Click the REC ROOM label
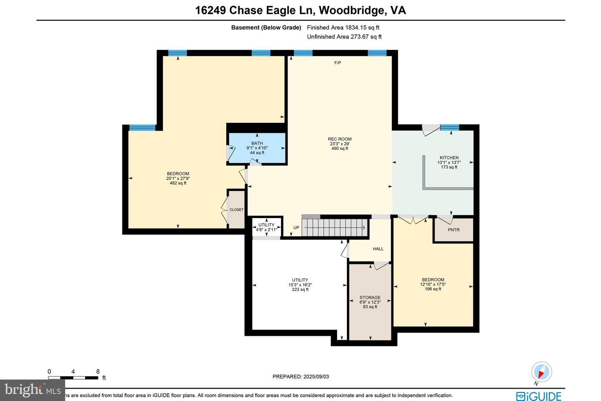pos(339,139)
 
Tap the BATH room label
pos(257,143)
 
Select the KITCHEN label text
pos(449,158)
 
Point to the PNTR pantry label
pos(454,230)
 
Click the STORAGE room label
pos(370,298)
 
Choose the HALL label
pos(378,249)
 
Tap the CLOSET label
pos(237,210)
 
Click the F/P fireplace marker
pos(338,63)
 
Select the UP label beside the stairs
pos(296,228)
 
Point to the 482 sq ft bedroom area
pos(178,183)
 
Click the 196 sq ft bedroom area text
pos(433,289)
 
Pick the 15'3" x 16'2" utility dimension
pos(300,285)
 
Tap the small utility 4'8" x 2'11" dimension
pos(266,230)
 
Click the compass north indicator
pos(541,372)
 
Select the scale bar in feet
pos(73,378)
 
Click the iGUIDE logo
pos(538,396)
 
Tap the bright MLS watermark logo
pos(33,390)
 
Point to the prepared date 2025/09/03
pos(300,376)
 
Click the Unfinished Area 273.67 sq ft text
pos(344,37)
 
